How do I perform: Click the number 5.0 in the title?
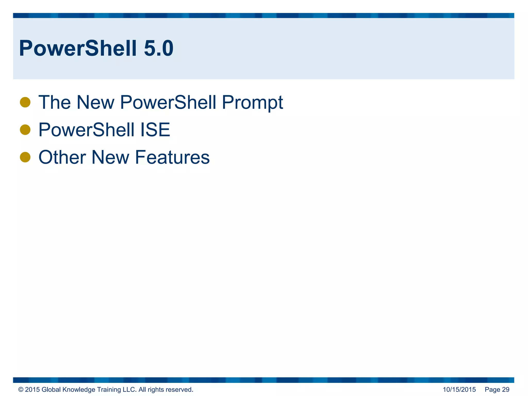coord(158,48)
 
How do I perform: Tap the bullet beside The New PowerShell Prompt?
coord(25,102)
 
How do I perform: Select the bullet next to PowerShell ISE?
coord(25,130)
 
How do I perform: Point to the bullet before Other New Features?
coord(25,157)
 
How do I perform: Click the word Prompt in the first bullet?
coord(252,103)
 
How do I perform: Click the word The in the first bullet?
coord(54,102)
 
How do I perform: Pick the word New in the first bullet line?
coord(95,102)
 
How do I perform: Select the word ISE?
coord(155,130)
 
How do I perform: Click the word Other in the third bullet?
coord(62,157)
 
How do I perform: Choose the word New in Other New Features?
coord(110,157)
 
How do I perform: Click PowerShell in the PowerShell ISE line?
coord(86,130)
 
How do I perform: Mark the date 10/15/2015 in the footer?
coord(459,390)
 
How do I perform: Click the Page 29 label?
coord(497,390)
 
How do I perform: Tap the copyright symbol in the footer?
coord(21,390)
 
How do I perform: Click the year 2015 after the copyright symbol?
coord(32,390)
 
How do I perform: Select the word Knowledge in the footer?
coord(79,390)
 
